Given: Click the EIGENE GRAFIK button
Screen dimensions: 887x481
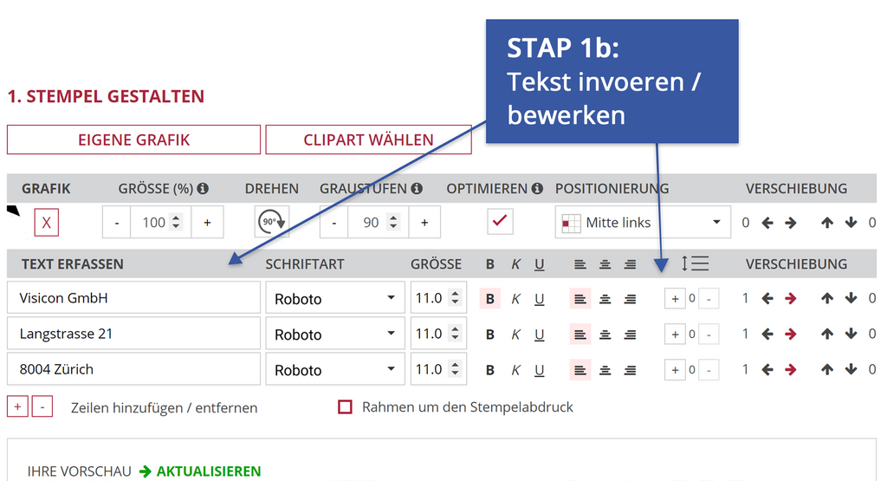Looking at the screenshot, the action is tap(133, 140).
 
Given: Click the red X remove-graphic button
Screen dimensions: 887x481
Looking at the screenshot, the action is tap(47, 223).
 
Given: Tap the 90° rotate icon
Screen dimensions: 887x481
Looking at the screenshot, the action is tap(272, 222).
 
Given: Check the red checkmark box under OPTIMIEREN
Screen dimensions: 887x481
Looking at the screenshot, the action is tap(500, 221).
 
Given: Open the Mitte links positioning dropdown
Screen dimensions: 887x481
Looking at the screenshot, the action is tap(643, 223).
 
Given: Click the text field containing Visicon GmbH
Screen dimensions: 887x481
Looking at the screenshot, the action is tap(133, 297).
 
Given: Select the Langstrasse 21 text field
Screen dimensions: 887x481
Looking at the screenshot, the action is tap(133, 334).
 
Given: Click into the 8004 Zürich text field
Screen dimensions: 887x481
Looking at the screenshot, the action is tap(133, 369).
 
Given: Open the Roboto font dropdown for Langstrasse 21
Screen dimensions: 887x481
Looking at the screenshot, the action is tap(335, 334).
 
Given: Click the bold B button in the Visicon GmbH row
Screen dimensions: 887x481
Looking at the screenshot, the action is tap(490, 299).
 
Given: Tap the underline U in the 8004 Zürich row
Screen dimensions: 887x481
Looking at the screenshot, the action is tap(539, 370).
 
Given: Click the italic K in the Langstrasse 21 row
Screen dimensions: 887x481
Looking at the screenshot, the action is tap(515, 335).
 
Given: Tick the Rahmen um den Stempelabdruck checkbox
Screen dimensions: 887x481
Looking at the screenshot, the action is tap(345, 406).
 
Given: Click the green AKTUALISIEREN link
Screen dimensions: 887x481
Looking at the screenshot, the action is tap(208, 471).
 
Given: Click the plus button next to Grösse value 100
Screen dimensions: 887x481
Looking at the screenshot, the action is tap(208, 223).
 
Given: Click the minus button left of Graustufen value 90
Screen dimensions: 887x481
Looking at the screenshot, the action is tap(334, 223).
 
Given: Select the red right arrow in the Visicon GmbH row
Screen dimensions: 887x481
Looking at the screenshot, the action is tap(791, 298).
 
